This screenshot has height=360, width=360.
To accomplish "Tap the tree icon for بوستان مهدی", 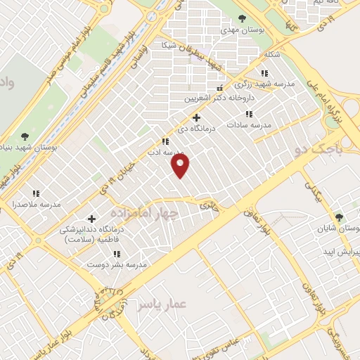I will point(243,18).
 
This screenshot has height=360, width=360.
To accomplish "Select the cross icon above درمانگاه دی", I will point(196,117).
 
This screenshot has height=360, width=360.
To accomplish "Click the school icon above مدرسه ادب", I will point(165,141).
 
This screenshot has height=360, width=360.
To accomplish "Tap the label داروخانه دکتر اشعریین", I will point(219,98).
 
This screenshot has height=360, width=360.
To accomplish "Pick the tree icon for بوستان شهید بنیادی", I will point(25,136).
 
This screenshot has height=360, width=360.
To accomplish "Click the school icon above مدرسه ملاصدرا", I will point(36,193).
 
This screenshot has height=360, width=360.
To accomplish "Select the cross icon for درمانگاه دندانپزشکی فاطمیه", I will point(91,219).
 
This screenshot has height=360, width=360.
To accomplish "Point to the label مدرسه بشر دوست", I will point(116,264).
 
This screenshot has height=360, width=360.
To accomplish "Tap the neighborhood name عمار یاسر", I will point(162,304).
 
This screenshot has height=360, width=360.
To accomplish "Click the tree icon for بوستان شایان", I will point(340,217).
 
